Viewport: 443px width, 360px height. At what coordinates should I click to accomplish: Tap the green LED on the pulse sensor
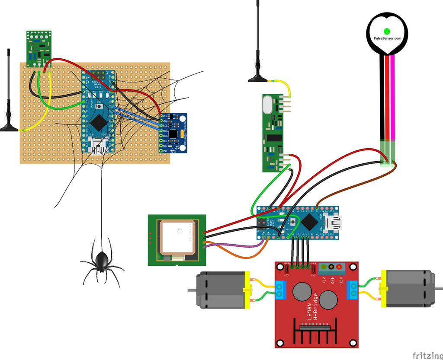tap(387, 31)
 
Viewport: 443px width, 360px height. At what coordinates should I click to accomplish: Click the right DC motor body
tap(409, 288)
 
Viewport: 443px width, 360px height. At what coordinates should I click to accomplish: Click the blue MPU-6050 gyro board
tap(173, 133)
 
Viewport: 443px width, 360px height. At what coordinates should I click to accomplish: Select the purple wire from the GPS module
tap(242, 246)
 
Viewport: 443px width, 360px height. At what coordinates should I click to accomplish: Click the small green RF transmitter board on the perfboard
tap(39, 49)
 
